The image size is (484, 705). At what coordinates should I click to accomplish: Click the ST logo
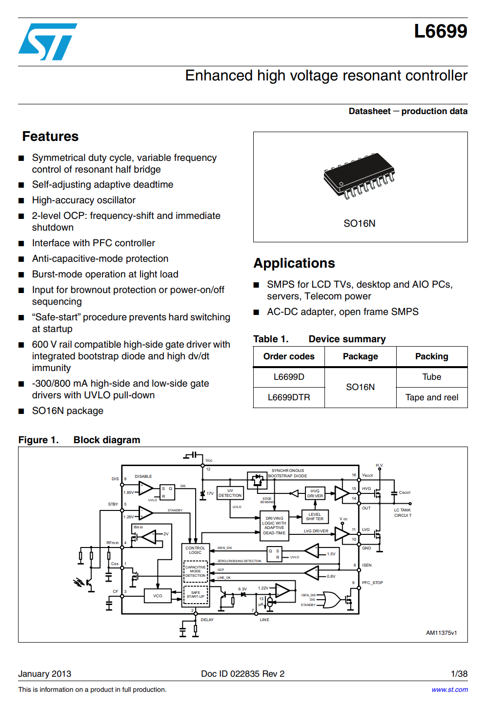[x=47, y=42]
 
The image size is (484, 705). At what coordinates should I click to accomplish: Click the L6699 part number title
[x=440, y=31]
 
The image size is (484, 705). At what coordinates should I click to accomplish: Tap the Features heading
[x=50, y=137]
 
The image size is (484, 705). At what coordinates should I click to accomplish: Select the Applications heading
[x=294, y=263]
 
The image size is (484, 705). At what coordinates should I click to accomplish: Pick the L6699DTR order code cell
[x=289, y=397]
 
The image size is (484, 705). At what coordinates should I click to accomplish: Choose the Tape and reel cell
[x=431, y=397]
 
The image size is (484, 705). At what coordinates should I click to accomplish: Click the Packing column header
[x=431, y=356]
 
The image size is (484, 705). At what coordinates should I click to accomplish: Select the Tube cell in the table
[x=431, y=377]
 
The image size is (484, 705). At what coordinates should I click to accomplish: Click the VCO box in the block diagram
[x=158, y=596]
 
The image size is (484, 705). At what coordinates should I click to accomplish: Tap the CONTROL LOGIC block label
[x=195, y=550]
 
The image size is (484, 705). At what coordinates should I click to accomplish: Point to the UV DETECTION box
[x=230, y=493]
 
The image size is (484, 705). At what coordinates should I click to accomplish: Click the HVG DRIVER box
[x=315, y=493]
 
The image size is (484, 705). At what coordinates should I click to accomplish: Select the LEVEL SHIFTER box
[x=315, y=517]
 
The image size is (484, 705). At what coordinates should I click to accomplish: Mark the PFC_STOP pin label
[x=372, y=583]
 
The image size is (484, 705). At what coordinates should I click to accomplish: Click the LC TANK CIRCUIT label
[x=403, y=513]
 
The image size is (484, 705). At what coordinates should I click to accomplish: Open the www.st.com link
[x=449, y=689]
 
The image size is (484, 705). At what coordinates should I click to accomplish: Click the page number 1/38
[x=459, y=674]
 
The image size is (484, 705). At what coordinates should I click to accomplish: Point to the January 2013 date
[x=44, y=674]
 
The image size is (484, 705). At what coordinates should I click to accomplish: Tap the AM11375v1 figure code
[x=441, y=633]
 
